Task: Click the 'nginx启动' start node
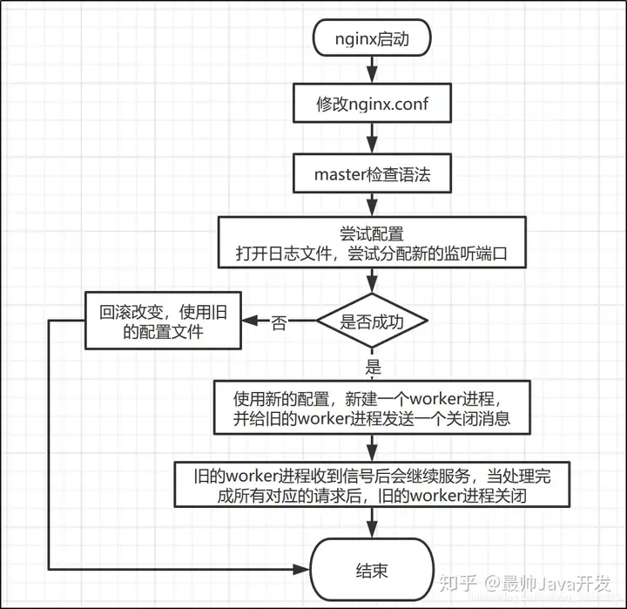click(372, 37)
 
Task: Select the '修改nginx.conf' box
click(372, 103)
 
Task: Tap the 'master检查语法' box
click(372, 173)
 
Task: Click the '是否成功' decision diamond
click(372, 320)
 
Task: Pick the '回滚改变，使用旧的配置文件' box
click(163, 320)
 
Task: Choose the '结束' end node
click(372, 569)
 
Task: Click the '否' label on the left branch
click(279, 322)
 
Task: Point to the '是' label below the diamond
click(373, 367)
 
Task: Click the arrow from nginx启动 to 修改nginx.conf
click(372, 70)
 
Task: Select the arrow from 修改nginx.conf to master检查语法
click(372, 138)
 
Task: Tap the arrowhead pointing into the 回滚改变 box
click(250, 320)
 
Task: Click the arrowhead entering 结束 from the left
click(301, 569)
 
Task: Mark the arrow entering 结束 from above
click(372, 523)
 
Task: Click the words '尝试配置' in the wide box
click(372, 233)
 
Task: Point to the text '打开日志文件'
click(284, 254)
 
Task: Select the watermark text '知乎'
click(458, 583)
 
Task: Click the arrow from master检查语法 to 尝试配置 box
click(372, 205)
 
